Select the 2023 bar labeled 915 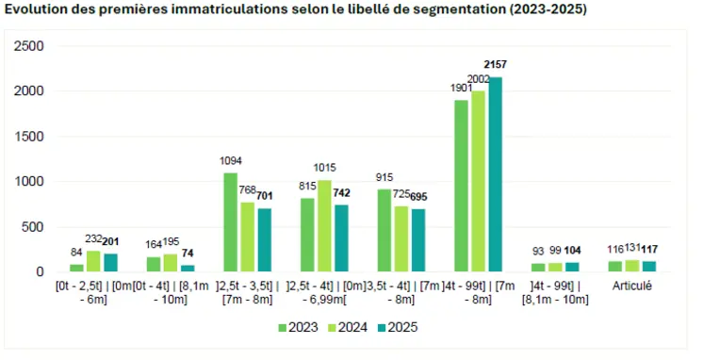384,231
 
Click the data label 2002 478,79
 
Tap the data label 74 188,254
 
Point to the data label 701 265,196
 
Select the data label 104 572,251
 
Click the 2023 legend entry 297,328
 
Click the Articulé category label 631,286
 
